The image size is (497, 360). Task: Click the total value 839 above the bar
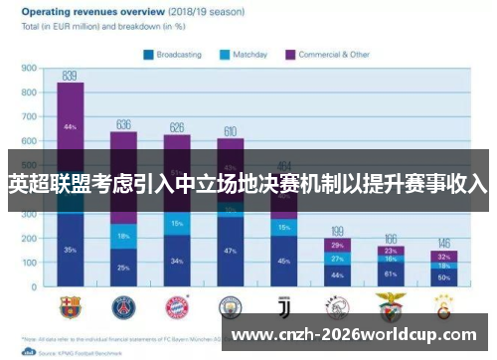pos(71,76)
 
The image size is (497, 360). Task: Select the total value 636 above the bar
pos(123,125)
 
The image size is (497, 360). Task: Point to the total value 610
pos(231,131)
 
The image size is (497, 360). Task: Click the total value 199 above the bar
pos(337,231)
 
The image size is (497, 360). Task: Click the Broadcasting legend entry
pos(178,54)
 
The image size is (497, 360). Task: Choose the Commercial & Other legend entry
pos(329,54)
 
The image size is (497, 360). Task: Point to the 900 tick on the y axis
pos(29,69)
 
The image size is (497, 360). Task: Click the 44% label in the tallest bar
pos(71,127)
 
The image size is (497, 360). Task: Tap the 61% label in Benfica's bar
pos(391,273)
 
